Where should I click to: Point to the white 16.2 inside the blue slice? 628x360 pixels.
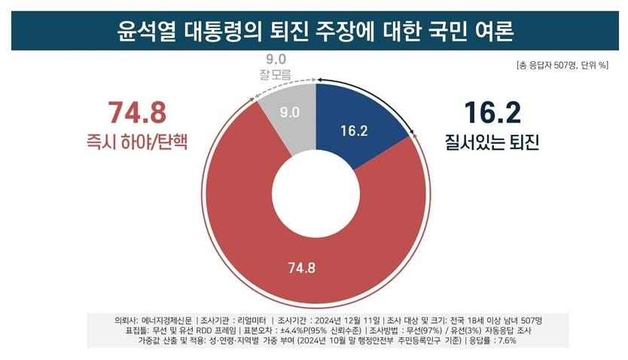tap(353, 130)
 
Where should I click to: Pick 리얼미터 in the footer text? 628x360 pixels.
tap(256, 320)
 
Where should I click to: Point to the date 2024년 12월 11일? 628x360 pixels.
tap(353, 320)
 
